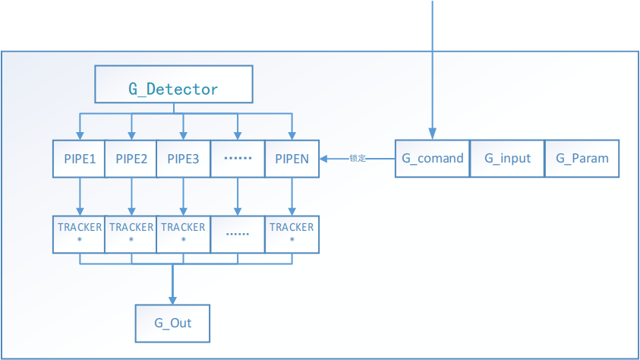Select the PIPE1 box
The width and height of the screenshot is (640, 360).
pos(78,159)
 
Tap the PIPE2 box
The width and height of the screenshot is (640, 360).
pos(131,159)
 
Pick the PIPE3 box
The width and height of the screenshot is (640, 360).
pos(183,159)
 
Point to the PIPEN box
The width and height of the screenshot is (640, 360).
pos(292,159)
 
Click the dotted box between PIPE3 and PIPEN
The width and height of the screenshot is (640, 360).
pos(238,159)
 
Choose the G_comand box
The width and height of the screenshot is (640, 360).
pos(432,159)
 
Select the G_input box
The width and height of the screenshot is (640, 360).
pos(506,159)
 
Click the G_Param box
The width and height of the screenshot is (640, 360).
pos(582,159)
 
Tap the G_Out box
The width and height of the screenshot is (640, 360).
pos(172,323)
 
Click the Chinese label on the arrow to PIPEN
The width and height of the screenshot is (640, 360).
pos(358,159)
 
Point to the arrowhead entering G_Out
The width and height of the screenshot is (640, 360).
pos(173,299)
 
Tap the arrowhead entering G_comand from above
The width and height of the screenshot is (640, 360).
pos(433,134)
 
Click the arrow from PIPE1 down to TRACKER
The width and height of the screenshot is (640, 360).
pos(79,196)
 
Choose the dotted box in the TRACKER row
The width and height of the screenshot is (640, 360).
pos(238,233)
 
